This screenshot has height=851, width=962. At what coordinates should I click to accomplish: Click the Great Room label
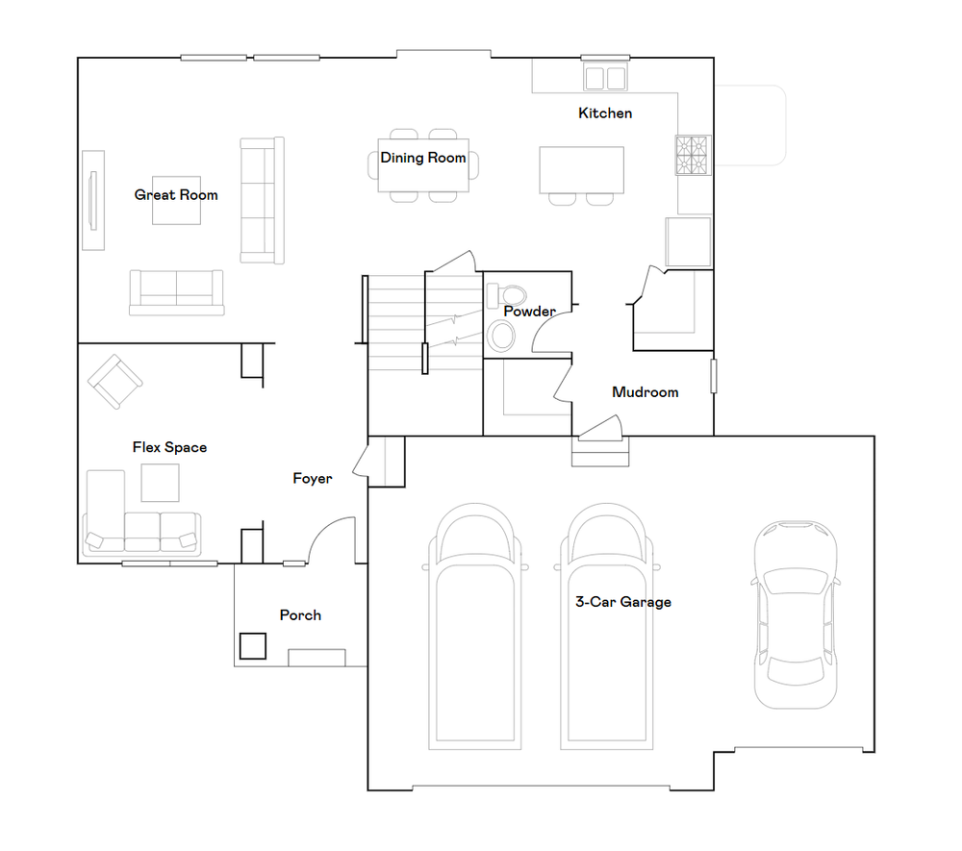click(x=176, y=195)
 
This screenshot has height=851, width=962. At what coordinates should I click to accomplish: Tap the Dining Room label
click(x=422, y=159)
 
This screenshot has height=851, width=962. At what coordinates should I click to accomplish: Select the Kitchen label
click(x=605, y=113)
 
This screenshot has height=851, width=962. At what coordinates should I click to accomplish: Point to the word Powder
click(x=529, y=312)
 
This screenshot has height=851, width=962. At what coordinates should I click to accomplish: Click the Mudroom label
click(x=646, y=392)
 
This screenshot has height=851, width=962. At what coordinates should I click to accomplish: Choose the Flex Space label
click(x=169, y=447)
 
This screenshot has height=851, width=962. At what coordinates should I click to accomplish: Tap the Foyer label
click(x=313, y=478)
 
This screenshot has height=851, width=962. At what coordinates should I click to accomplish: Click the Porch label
click(x=300, y=615)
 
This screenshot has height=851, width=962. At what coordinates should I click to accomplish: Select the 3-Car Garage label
click(x=622, y=602)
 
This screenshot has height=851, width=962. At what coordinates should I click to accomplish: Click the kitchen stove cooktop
click(x=693, y=155)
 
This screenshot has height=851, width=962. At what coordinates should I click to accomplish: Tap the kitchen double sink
click(x=605, y=78)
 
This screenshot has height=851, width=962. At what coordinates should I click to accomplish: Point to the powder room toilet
click(x=506, y=295)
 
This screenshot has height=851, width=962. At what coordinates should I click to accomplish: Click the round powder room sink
click(x=501, y=337)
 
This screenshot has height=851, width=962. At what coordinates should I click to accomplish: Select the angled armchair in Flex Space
click(x=114, y=382)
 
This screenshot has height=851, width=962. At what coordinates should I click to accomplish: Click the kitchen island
click(x=582, y=170)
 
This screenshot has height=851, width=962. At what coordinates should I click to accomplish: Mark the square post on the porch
click(x=252, y=645)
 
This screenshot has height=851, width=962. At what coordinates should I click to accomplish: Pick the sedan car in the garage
click(x=796, y=614)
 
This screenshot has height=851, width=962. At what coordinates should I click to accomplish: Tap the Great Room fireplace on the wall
click(x=93, y=200)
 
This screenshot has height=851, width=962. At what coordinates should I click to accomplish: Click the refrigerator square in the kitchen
click(x=689, y=242)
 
